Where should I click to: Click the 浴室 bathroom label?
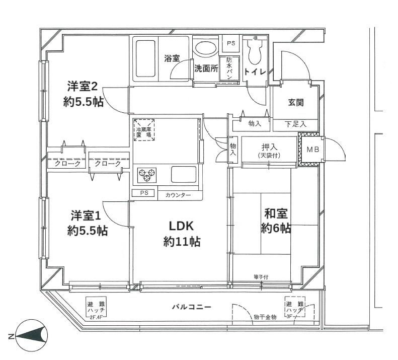[172, 58]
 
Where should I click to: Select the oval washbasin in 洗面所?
[205, 48]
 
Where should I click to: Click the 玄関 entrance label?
[295, 102]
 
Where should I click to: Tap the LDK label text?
[182, 226]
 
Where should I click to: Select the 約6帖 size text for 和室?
[276, 228]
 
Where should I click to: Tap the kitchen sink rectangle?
[185, 175]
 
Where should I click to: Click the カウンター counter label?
[178, 195]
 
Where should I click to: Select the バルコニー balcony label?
[191, 307]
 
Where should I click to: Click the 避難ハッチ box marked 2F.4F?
[97, 309]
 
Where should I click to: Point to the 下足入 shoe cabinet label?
[295, 124]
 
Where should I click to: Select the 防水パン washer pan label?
[230, 66]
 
